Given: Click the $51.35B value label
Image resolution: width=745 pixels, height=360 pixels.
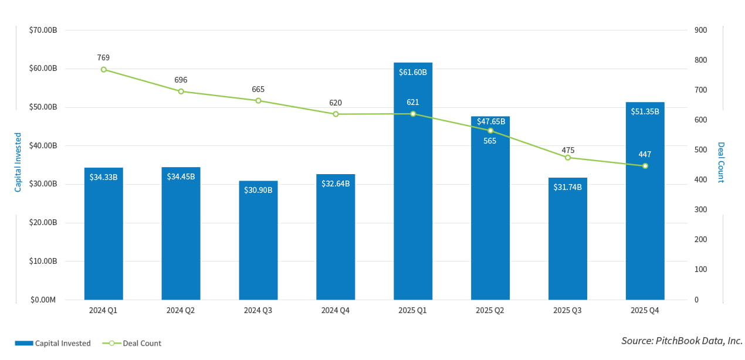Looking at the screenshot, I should click(x=645, y=111).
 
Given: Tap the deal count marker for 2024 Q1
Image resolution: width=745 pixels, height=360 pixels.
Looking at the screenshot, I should click(x=104, y=69).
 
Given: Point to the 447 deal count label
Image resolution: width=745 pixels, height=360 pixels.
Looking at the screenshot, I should click(x=645, y=154).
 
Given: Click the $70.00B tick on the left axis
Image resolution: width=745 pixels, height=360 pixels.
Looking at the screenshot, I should click(x=43, y=30).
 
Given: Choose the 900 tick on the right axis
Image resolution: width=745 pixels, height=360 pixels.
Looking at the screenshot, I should click(x=700, y=30).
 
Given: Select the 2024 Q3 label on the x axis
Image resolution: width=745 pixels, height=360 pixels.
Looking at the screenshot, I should click(x=258, y=310).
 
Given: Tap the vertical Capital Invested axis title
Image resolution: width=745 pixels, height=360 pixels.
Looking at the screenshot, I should click(x=18, y=162).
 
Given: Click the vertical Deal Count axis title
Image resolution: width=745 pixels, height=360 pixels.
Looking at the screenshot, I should click(x=721, y=162).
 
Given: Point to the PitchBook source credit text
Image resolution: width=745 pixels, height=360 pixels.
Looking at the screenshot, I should click(x=682, y=341).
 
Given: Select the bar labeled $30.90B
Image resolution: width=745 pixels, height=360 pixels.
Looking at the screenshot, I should click(x=258, y=246).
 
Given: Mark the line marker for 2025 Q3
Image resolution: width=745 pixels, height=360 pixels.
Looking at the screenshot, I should click(x=568, y=157).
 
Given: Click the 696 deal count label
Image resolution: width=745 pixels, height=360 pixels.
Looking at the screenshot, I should click(x=181, y=80).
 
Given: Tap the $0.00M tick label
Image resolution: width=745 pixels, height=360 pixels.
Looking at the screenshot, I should click(x=43, y=300).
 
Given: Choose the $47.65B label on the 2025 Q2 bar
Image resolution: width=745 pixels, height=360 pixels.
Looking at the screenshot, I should click(x=490, y=121).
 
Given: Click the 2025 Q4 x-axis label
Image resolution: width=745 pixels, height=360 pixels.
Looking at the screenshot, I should click(x=645, y=310).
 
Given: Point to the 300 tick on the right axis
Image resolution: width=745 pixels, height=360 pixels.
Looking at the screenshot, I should click(x=700, y=209).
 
